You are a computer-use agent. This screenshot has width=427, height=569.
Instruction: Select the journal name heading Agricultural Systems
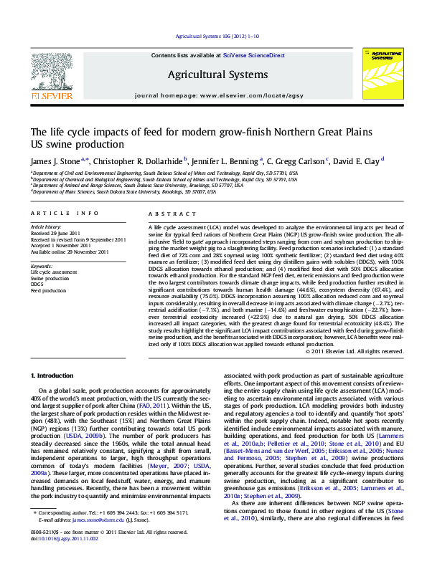click(x=208, y=74)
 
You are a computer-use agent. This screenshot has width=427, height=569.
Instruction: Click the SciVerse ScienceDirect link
click(x=254, y=55)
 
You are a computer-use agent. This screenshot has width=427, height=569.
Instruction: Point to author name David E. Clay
click(x=359, y=161)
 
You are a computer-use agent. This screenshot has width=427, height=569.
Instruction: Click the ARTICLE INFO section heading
click(x=64, y=214)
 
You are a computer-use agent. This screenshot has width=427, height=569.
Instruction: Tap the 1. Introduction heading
click(x=55, y=376)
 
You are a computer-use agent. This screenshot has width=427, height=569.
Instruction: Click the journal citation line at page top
click(x=212, y=37)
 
